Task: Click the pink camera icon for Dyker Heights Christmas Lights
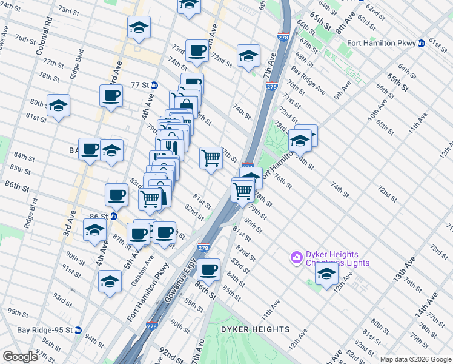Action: [x=296, y=257]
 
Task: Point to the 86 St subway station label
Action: [x=99, y=216]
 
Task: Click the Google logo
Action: [x=20, y=357]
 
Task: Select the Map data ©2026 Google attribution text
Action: [x=415, y=359]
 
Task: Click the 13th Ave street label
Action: [x=404, y=269]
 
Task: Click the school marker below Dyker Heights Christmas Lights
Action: [x=326, y=274]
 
